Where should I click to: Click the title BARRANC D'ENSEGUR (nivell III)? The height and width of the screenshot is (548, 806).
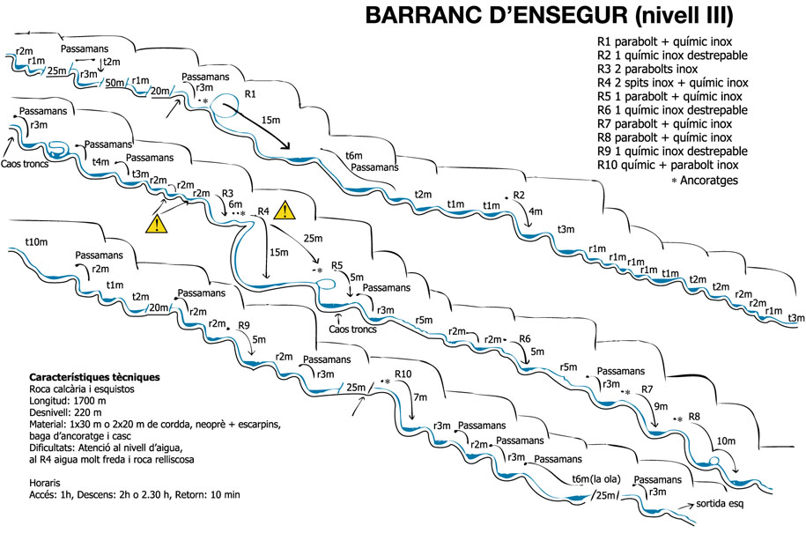(x=549, y=16)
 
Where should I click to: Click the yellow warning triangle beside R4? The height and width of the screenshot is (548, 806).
(x=285, y=211)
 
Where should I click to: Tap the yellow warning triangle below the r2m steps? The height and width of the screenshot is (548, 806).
(x=157, y=225)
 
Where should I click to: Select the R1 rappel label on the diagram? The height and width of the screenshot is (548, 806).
(x=250, y=94)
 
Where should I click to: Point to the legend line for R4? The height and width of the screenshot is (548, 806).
(x=672, y=83)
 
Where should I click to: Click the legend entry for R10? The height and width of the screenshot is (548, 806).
(x=668, y=165)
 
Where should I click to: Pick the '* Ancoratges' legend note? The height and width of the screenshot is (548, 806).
(x=705, y=181)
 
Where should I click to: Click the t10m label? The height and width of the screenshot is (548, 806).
(x=36, y=241)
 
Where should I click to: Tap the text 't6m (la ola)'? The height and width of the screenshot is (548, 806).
(x=596, y=479)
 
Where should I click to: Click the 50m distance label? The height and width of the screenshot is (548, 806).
(x=115, y=83)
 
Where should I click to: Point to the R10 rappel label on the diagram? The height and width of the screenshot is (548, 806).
(x=403, y=374)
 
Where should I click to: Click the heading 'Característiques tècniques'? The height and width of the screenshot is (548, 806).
(x=94, y=377)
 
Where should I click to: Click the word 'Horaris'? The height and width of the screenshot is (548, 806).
(x=45, y=483)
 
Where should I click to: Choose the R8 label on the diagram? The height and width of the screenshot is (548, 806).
(x=694, y=416)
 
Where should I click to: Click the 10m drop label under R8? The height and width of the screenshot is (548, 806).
(x=726, y=441)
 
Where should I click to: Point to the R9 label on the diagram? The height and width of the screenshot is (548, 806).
(x=244, y=325)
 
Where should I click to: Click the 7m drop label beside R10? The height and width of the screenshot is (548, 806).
(x=420, y=396)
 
